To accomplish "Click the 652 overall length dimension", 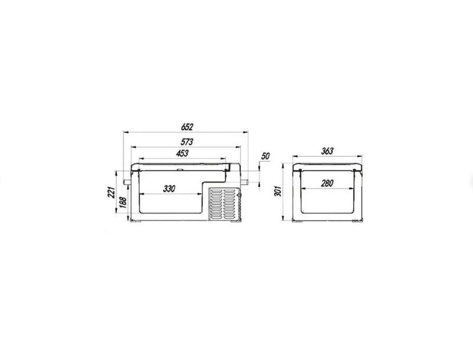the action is (x=187, y=127).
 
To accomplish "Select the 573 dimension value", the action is (x=187, y=141).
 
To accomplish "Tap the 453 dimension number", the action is (x=182, y=153).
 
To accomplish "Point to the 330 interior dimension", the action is (x=169, y=189).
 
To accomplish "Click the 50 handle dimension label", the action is (x=265, y=156).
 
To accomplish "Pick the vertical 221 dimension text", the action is (x=111, y=192).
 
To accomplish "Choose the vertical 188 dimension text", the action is (x=123, y=202).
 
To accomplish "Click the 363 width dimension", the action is (x=328, y=151).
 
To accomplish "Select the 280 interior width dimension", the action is (x=327, y=183).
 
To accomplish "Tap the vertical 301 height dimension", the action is (x=278, y=191).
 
